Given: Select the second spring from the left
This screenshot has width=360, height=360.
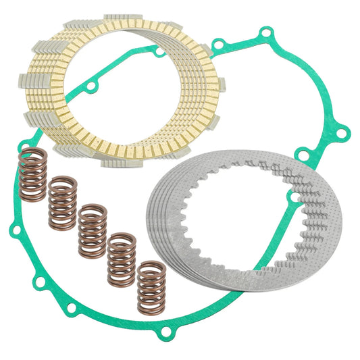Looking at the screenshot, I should coord(62,202).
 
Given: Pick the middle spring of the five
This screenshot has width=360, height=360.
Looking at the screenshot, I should coord(93,230).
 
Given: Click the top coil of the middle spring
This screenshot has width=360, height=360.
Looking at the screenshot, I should coord(93,211).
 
